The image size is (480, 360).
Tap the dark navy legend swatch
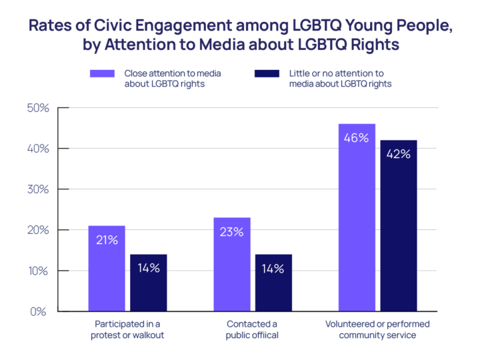coord(267,78)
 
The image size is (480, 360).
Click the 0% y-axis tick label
coord(39,311)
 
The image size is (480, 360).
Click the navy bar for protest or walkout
coord(149,283)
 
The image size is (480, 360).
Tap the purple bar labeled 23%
coord(232,264)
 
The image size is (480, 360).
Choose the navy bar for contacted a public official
coord(273,283)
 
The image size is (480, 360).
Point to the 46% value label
coord(357,138)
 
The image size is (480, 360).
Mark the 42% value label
coord(399,154)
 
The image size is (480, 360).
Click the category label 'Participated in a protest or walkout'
coord(127,329)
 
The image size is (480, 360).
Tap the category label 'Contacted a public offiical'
coord(253,329)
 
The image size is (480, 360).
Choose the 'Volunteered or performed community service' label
coord(377,329)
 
